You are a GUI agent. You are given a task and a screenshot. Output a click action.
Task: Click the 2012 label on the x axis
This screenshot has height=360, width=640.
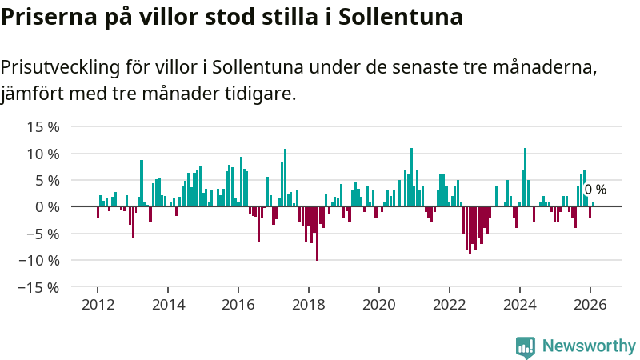(x=98, y=304)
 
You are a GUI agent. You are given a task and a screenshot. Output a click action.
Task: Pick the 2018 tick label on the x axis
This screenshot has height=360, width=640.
(x=309, y=304)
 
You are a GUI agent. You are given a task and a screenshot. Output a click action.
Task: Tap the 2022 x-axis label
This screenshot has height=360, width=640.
(x=450, y=304)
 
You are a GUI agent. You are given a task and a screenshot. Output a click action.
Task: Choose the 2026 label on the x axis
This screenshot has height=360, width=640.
(x=590, y=304)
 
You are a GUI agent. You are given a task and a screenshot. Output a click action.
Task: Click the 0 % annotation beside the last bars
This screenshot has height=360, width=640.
(x=595, y=190)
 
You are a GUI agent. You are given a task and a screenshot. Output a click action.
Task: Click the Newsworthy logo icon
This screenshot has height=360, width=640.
(x=526, y=346)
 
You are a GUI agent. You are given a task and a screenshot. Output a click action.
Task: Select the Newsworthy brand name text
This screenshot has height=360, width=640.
(x=589, y=346)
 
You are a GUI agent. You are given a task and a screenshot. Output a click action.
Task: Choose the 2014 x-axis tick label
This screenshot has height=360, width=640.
(x=168, y=304)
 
